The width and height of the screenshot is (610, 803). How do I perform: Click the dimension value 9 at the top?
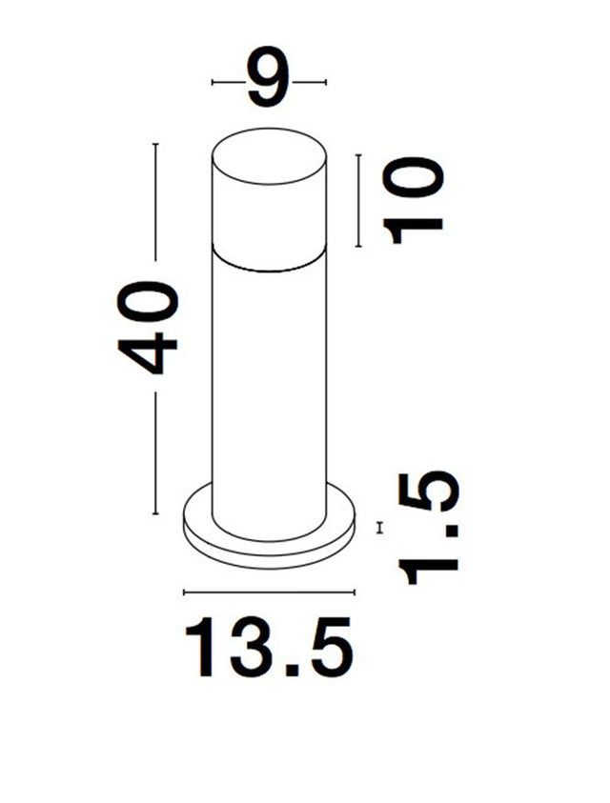point(268,82)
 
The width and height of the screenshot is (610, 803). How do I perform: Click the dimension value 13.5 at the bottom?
point(270,647)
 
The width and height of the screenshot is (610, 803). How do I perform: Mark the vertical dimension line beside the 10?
point(358,200)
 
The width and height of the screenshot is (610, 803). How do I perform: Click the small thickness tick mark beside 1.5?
point(380,527)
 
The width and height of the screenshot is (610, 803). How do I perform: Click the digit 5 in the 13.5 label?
point(328,648)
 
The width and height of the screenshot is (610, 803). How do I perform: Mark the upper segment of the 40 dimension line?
point(155,201)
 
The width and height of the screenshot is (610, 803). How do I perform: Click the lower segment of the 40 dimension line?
point(155,456)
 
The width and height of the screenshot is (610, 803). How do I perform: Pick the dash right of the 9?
point(309,83)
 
